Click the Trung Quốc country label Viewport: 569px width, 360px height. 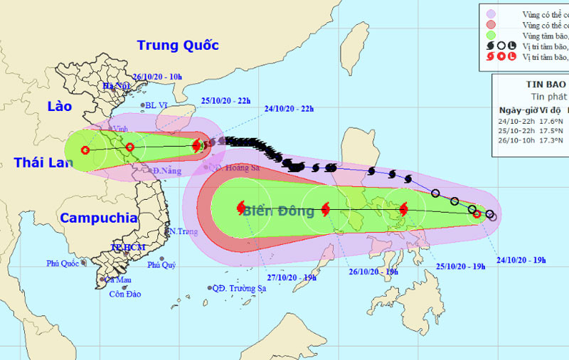[x=177, y=45]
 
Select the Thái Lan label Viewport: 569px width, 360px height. [x=43, y=162]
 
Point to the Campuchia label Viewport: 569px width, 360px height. [x=97, y=217]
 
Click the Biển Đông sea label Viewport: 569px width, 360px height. [x=278, y=211]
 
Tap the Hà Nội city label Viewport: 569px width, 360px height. [x=117, y=86]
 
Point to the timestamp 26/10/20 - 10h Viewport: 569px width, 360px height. [x=158, y=76]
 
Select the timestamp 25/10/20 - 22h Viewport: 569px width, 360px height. [x=226, y=100]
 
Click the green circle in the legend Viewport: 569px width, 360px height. [x=490, y=33]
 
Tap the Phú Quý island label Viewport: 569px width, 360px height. [x=161, y=265]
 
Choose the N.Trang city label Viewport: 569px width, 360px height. [x=181, y=232]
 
